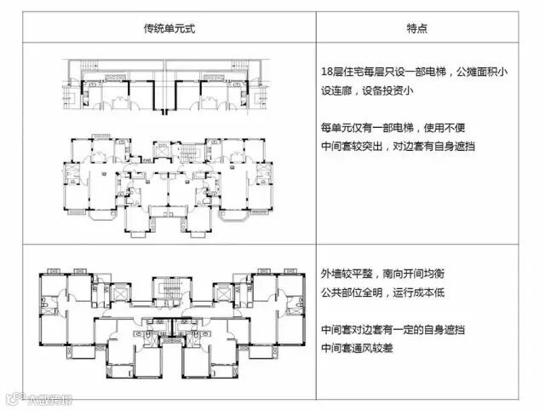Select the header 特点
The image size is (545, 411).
click(416, 28)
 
